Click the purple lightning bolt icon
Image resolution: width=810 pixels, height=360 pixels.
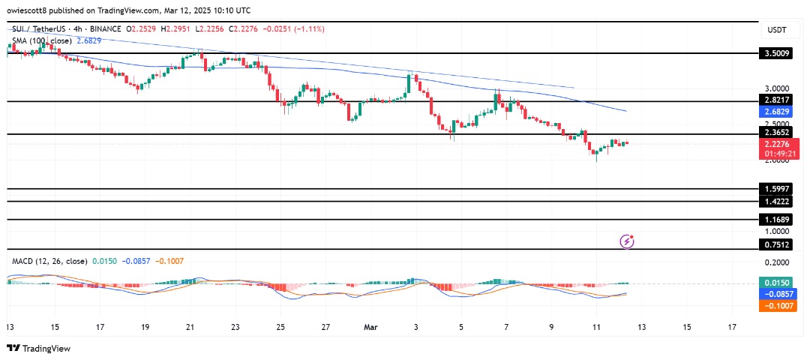628,241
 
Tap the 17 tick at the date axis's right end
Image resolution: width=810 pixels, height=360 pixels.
733,327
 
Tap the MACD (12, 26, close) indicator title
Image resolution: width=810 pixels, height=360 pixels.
49,261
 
